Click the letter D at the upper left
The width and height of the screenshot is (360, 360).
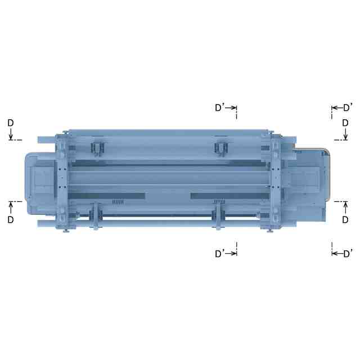(11, 123)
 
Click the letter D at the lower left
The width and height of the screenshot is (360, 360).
(11, 220)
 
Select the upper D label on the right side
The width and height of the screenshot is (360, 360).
(345, 123)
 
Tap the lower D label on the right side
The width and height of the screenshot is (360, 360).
(345, 220)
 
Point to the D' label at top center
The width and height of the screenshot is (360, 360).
(219, 107)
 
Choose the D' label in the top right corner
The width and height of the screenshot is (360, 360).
(348, 107)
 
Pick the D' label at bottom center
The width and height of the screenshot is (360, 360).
(219, 254)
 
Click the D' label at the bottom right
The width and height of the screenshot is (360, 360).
(348, 254)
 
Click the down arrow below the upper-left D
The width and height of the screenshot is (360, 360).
(11, 134)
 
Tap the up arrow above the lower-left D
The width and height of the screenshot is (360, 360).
(11, 208)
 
